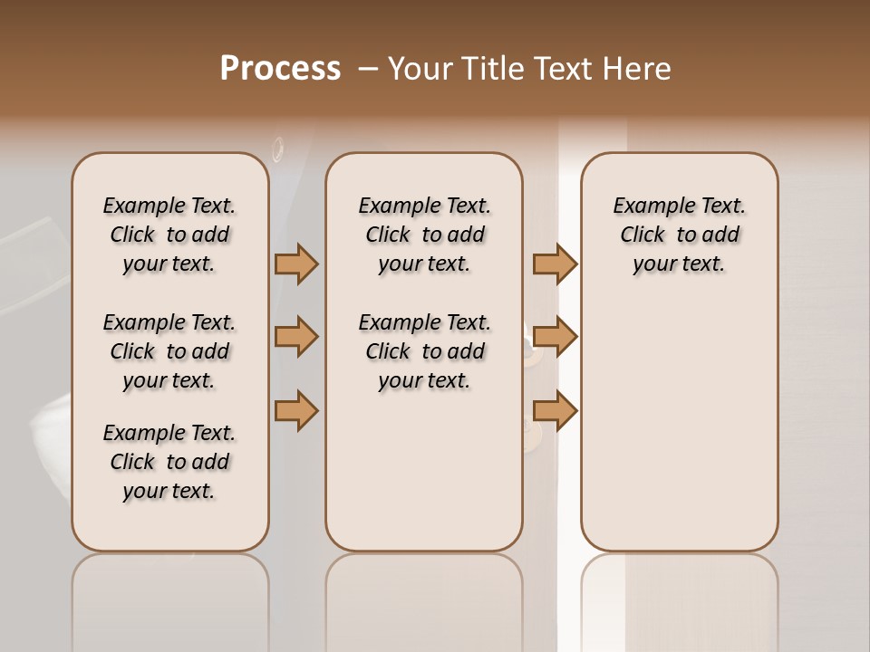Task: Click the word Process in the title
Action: pos(280,69)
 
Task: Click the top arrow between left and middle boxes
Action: pos(296,264)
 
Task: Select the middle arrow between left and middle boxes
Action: pos(296,337)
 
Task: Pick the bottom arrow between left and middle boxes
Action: pos(296,410)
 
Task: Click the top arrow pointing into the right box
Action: pos(555,264)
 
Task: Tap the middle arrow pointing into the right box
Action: pos(555,337)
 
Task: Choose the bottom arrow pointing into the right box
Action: pos(555,410)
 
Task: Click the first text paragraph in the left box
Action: pos(169,235)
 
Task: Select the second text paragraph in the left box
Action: pos(169,351)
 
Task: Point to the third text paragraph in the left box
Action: pos(169,462)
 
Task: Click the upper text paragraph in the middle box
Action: pos(424,235)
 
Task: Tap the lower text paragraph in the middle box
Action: pos(424,351)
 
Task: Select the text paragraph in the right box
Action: pos(679,235)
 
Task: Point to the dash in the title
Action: pos(368,69)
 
